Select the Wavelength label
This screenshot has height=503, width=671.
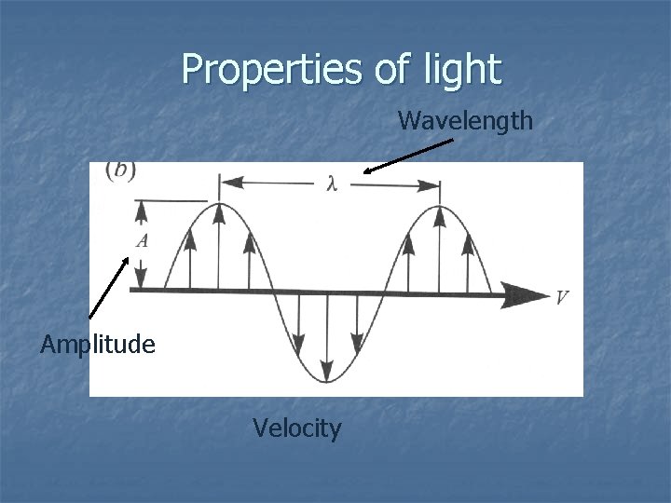465,120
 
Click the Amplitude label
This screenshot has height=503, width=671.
98,345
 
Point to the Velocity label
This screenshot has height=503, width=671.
297,428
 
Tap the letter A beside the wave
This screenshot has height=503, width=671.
142,240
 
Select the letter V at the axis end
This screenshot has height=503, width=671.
562,298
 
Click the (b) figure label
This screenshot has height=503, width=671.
121,170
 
